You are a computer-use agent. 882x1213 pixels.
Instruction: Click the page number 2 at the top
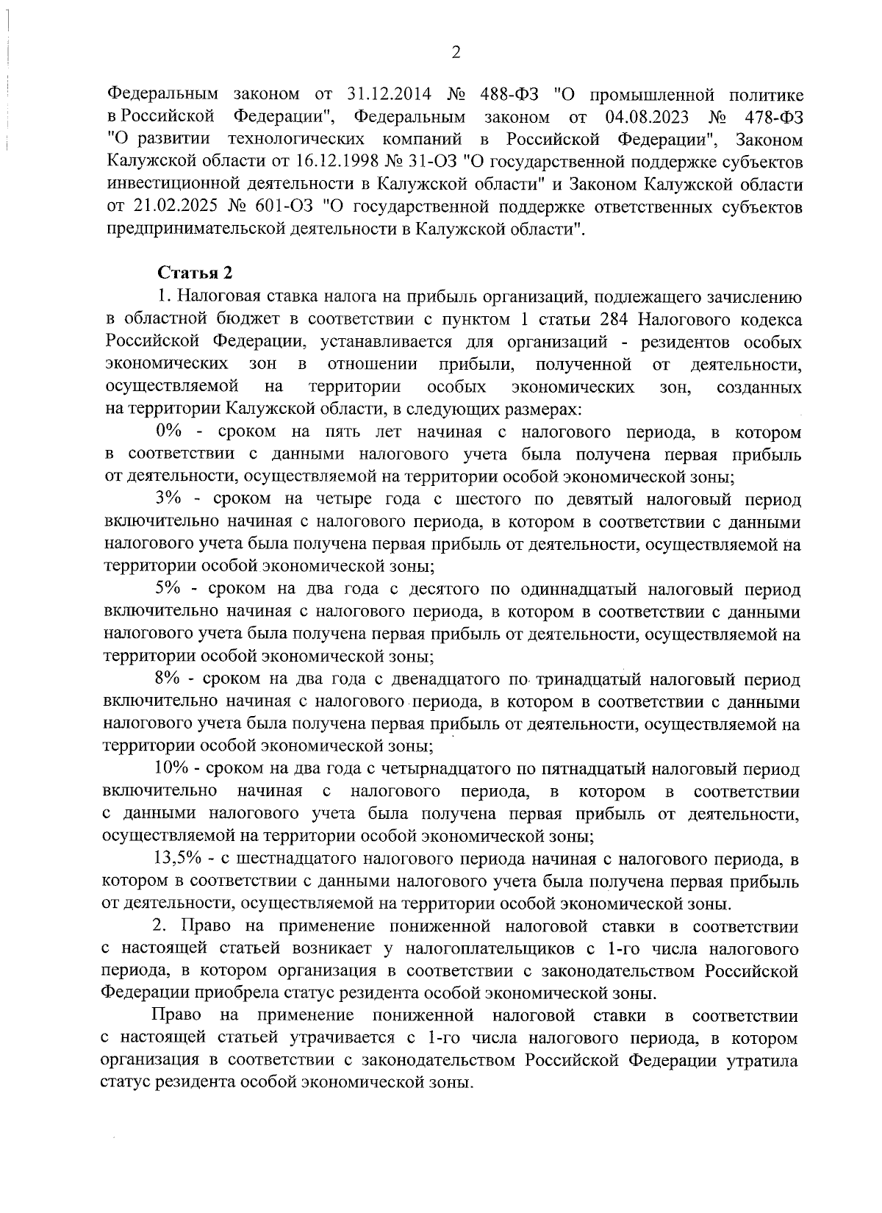(x=456, y=52)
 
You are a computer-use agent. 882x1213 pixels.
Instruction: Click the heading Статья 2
(x=196, y=273)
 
